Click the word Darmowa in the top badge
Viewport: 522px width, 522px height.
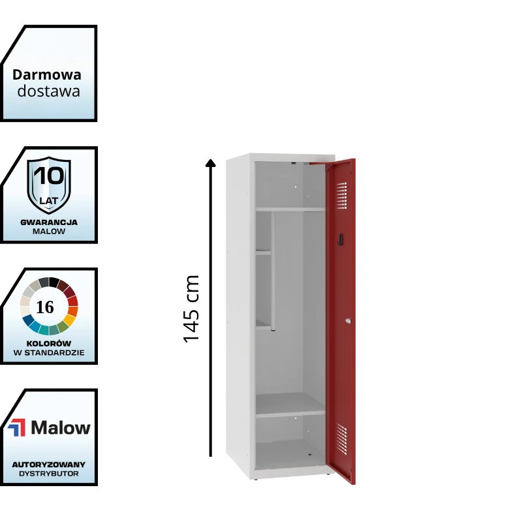47,75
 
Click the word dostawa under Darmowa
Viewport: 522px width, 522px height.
49,91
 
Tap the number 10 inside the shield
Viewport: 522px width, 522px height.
48,177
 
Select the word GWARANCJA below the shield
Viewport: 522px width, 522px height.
49,222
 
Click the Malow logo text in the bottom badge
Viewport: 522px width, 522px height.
61,428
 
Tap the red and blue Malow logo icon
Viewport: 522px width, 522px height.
16,428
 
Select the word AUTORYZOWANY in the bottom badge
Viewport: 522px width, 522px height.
49,464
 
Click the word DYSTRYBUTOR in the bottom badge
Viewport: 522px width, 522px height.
49,474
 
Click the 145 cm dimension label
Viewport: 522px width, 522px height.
191,309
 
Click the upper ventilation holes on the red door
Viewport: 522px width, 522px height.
341,194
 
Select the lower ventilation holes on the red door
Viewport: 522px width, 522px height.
341,437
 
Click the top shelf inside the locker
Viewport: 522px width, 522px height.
289,209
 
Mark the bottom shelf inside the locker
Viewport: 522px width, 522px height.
290,412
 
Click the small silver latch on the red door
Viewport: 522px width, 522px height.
348,320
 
